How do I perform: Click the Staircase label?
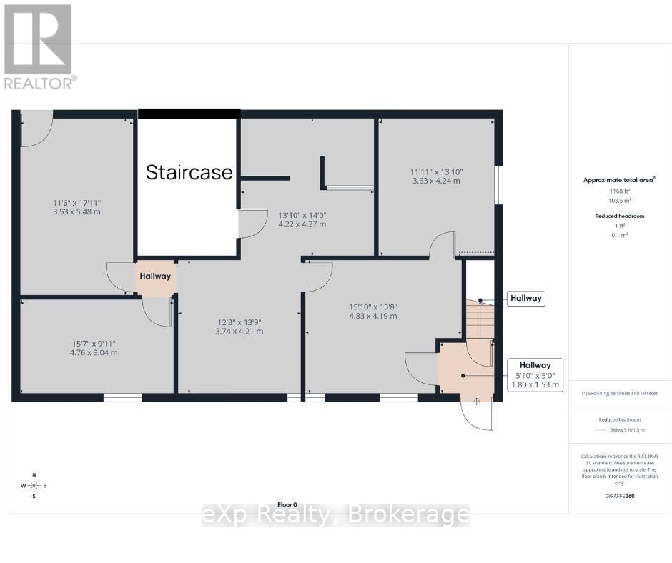click(189, 172)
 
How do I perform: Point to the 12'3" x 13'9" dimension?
click(239, 327)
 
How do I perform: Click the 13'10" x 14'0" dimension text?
click(302, 219)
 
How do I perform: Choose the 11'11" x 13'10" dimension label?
click(436, 176)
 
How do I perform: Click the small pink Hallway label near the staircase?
click(155, 276)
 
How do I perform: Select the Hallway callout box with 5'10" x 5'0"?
click(535, 375)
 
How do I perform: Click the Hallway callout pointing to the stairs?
click(525, 299)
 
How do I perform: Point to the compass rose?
click(33, 485)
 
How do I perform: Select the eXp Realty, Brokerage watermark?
click(335, 515)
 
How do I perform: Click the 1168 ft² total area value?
click(619, 191)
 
